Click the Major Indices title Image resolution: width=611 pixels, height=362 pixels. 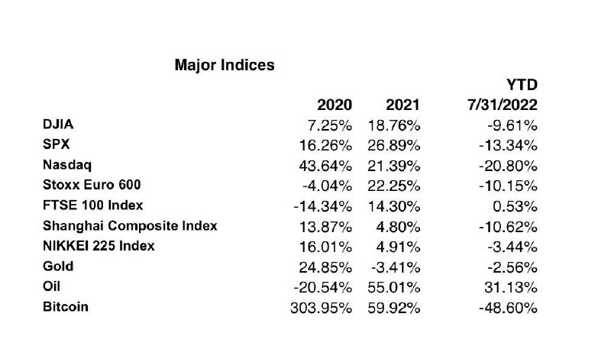coord(225,65)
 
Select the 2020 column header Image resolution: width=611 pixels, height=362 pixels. coord(335,105)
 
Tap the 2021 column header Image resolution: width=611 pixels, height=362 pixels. coord(402,105)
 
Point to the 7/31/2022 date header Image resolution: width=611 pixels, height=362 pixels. coord(503,105)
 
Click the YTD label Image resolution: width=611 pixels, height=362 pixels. coord(522,85)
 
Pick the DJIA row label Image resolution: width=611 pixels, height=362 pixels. coord(58,124)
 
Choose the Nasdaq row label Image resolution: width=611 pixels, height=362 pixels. coord(67,165)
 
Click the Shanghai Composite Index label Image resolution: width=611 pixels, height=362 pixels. coord(130,225)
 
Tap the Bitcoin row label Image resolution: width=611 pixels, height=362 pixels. coord(66,307)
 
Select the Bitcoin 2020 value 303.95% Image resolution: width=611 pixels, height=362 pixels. coord(321,309)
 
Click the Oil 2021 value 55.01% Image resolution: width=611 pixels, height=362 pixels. coord(393,288)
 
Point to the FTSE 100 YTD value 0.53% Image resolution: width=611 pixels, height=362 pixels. coord(515,206)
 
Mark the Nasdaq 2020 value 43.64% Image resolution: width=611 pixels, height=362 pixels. coord(325,166)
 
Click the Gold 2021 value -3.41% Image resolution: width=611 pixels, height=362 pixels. coord(396,268)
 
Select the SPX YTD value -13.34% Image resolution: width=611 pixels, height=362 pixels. coord(508,146)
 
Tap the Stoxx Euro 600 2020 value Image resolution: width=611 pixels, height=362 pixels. coord(327,186)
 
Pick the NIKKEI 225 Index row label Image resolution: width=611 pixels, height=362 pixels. coord(99,246)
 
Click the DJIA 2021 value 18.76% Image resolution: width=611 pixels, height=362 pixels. coord(393,125)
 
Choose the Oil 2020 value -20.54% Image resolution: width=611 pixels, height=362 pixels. coord(322,288)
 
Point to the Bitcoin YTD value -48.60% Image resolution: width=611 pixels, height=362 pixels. coord(508,309)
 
